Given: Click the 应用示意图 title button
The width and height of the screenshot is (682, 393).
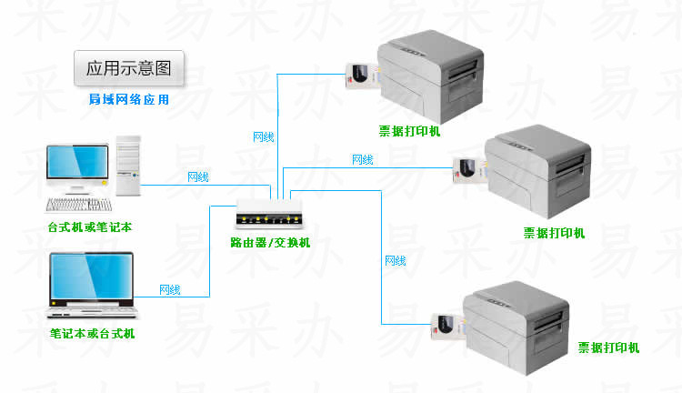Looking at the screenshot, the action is pos(129,68).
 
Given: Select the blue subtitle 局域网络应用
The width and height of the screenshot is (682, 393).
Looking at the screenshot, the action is pos(129,99).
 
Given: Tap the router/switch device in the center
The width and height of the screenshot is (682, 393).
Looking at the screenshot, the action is pos(269,214).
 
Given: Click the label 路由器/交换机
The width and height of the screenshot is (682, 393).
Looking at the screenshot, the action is pos(270,242).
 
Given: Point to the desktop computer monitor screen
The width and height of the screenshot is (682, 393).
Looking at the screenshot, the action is pos(77,161).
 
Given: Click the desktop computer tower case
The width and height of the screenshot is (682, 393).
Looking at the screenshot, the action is pos(128,166).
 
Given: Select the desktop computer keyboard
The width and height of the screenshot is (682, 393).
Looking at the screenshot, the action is pos(79,205).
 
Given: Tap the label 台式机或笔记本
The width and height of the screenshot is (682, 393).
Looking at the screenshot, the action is pos(90,227).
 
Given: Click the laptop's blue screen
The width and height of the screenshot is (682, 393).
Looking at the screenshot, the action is pos(91,277).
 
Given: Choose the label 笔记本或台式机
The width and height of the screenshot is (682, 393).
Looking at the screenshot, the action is pos(92,333).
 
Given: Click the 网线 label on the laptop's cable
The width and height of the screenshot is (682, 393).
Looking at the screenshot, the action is pos(170,289).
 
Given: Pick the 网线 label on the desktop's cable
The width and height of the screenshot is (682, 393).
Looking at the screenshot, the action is pos(198,176).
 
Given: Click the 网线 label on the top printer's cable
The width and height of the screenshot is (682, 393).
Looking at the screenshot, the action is pos(264,137).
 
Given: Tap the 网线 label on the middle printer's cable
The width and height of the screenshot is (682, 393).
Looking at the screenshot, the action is pos(362,160).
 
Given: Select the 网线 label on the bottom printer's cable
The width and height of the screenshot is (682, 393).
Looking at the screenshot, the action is pos(396,261).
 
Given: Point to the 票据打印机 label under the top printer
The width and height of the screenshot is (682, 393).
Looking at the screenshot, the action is pos(409,131).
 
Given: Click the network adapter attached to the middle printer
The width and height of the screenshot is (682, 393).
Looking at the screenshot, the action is pos(469,171).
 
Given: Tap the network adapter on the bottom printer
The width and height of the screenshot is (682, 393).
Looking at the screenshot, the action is pos(448,326).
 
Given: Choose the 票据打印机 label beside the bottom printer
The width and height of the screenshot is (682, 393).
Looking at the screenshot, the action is pos(608,348).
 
